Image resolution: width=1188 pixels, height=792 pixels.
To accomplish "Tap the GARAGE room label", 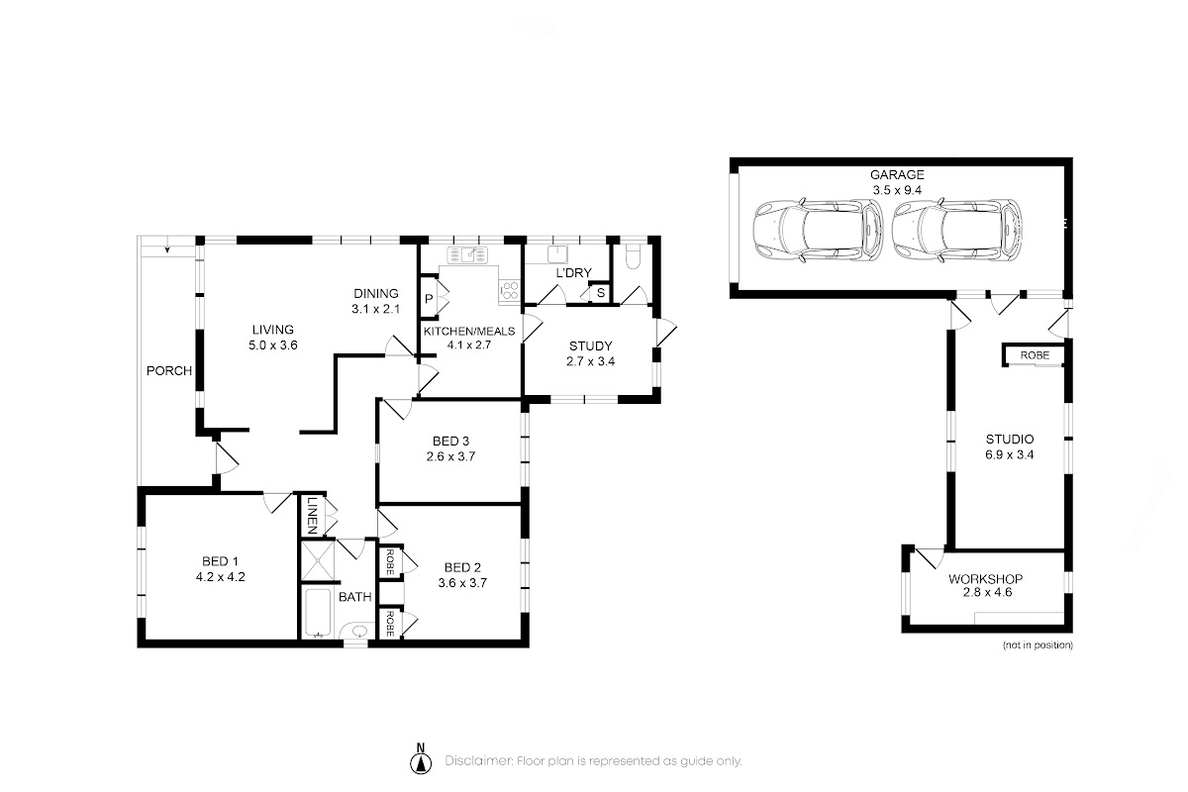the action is (x=897, y=174).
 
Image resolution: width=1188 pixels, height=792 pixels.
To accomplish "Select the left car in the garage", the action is (x=819, y=231).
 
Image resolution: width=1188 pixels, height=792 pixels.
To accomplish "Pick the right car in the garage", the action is (x=957, y=231).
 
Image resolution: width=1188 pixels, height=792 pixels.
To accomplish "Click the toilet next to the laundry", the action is (x=634, y=256).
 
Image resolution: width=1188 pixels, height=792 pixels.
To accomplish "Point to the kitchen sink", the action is (x=467, y=255).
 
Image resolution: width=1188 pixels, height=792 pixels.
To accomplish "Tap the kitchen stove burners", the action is (x=509, y=291).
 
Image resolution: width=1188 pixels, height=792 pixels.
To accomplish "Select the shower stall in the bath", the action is (x=317, y=560).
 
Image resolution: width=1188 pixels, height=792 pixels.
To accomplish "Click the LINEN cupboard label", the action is (x=312, y=515).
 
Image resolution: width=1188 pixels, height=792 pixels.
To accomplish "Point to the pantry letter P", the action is (x=429, y=299).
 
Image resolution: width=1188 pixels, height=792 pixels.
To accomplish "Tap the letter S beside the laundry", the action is (x=600, y=292).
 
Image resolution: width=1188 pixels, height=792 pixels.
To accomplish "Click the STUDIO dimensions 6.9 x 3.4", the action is (x=1009, y=454).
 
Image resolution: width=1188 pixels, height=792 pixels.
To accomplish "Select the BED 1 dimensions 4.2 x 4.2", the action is (x=220, y=576).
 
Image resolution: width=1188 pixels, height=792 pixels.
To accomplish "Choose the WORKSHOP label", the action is (x=985, y=579).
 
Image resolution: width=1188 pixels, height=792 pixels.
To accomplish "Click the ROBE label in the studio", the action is (x=1035, y=354).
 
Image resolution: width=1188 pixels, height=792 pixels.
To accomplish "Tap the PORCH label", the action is (x=169, y=371).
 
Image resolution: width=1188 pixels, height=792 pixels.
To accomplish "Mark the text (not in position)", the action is (x=1038, y=645).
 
